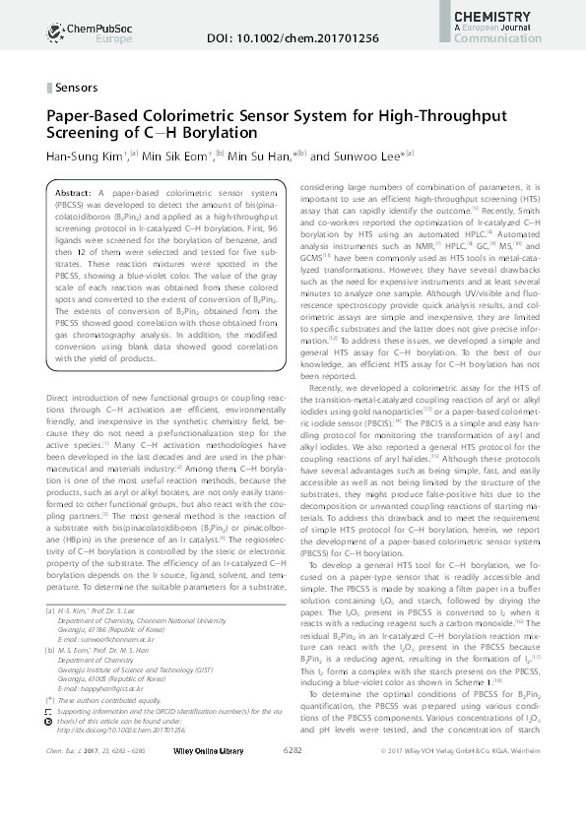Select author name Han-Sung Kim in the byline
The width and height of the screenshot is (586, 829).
click(80, 155)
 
